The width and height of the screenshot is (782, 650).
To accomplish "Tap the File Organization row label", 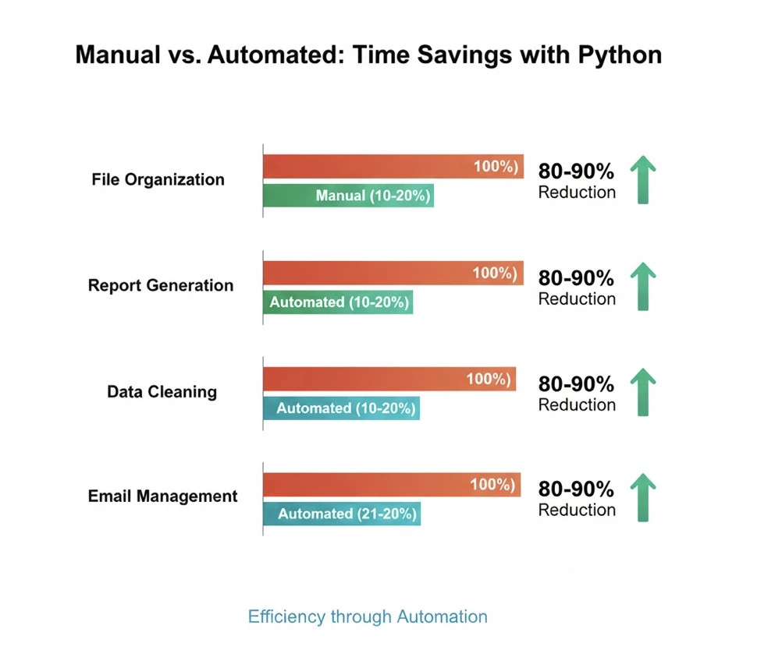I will tap(158, 180).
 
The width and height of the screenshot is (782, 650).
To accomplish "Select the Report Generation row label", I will tap(161, 285).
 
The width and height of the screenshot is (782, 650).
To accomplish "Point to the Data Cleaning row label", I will tap(162, 391).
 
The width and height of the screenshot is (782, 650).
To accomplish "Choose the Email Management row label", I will tap(162, 496).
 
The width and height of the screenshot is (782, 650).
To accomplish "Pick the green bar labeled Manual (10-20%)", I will tap(348, 196).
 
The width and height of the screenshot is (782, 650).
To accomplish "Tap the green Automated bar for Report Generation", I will tap(337, 302).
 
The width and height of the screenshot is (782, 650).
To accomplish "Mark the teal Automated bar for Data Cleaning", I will tap(341, 408).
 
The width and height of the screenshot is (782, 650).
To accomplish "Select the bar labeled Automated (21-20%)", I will tap(342, 514).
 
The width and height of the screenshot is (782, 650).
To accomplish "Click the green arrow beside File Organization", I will tap(642, 179).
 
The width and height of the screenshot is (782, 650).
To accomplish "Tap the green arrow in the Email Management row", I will tap(642, 496).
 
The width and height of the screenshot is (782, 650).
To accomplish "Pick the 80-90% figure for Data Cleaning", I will tap(576, 384).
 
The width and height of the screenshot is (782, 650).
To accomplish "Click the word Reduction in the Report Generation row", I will tap(577, 299).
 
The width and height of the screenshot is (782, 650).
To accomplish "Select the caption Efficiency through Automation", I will tap(368, 617).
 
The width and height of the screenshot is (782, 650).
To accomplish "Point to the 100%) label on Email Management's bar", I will tap(492, 485).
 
